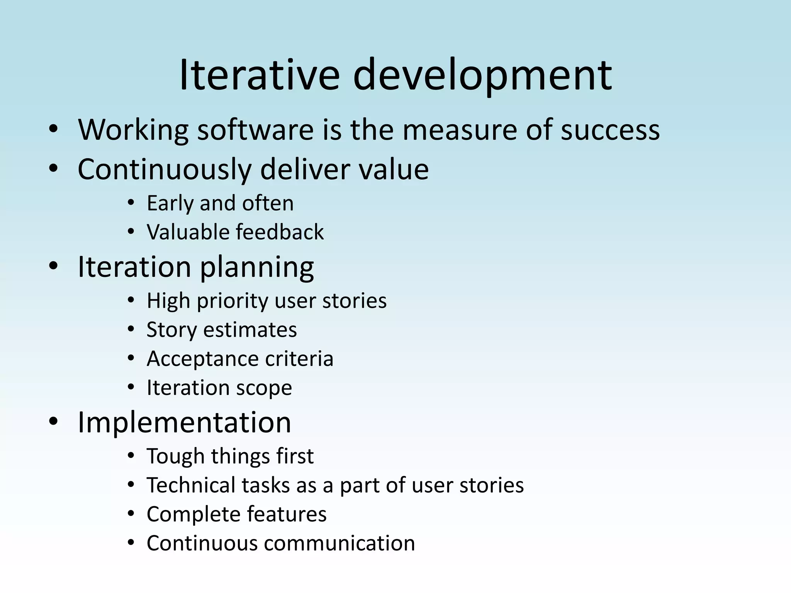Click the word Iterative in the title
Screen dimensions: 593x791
[x=259, y=75]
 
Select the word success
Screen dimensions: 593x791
[x=610, y=130]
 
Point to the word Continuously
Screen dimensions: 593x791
[x=164, y=169]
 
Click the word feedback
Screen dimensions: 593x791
[x=280, y=232]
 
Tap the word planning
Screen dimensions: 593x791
[x=257, y=268]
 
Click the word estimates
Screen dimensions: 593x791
[x=250, y=330]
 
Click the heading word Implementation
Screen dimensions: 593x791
[x=184, y=422]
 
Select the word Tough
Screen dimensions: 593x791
[x=175, y=456]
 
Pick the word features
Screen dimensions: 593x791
[x=287, y=514]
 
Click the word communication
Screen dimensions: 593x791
[x=339, y=543]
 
